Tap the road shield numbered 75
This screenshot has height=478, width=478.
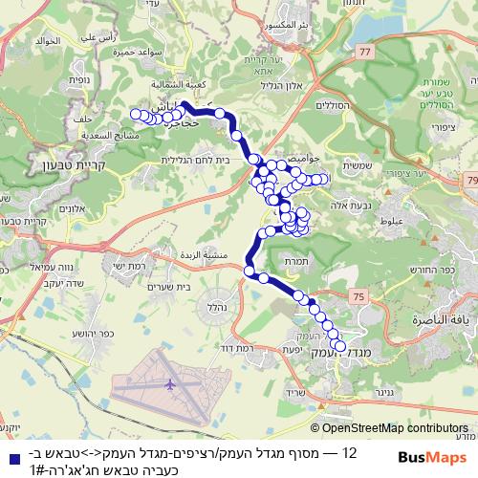[x=358, y=298]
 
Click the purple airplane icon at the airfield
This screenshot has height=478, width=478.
[x=171, y=384]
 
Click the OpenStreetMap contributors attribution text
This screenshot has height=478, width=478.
[x=402, y=428]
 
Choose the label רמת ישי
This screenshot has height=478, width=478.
[x=128, y=267]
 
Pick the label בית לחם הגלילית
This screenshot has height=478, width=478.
[x=196, y=161]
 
